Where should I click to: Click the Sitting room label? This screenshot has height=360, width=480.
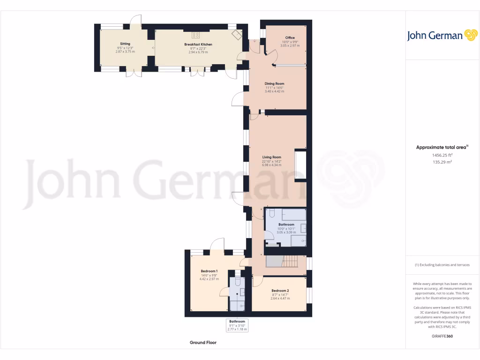click(x=125, y=44)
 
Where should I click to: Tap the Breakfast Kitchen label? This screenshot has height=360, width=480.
click(x=198, y=45)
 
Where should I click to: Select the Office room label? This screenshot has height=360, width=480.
click(x=290, y=37)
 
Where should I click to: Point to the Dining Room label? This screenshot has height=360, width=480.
click(x=274, y=84)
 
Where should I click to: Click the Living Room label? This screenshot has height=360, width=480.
click(x=271, y=157)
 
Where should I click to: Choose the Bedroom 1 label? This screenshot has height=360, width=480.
click(x=209, y=271)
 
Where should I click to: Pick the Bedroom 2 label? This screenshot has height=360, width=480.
click(x=280, y=291)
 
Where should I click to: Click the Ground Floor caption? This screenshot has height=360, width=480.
click(x=203, y=343)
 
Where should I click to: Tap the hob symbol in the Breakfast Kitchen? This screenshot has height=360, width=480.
click(x=196, y=35)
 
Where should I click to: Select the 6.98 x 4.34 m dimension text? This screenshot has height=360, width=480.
click(x=271, y=165)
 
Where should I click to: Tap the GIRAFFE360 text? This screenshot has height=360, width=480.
click(x=442, y=336)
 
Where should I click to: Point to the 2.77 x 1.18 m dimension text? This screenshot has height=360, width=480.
click(x=237, y=330)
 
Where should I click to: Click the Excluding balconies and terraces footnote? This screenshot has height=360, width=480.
click(x=442, y=265)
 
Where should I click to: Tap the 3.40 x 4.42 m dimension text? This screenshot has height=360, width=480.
click(x=274, y=91)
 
